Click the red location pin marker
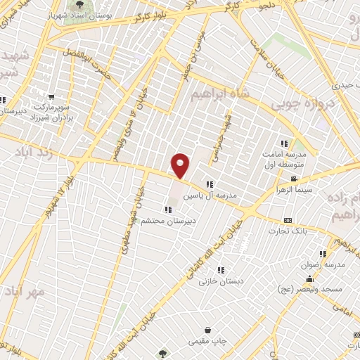click(x=181, y=165)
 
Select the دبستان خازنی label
click(x=220, y=281)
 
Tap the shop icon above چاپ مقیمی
click(x=208, y=330)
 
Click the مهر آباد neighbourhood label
click(x=25, y=290)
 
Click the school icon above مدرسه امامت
click(x=285, y=143)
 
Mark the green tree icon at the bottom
click(x=163, y=354)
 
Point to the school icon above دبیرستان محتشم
click(x=167, y=209)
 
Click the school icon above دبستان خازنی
click(x=221, y=269)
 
